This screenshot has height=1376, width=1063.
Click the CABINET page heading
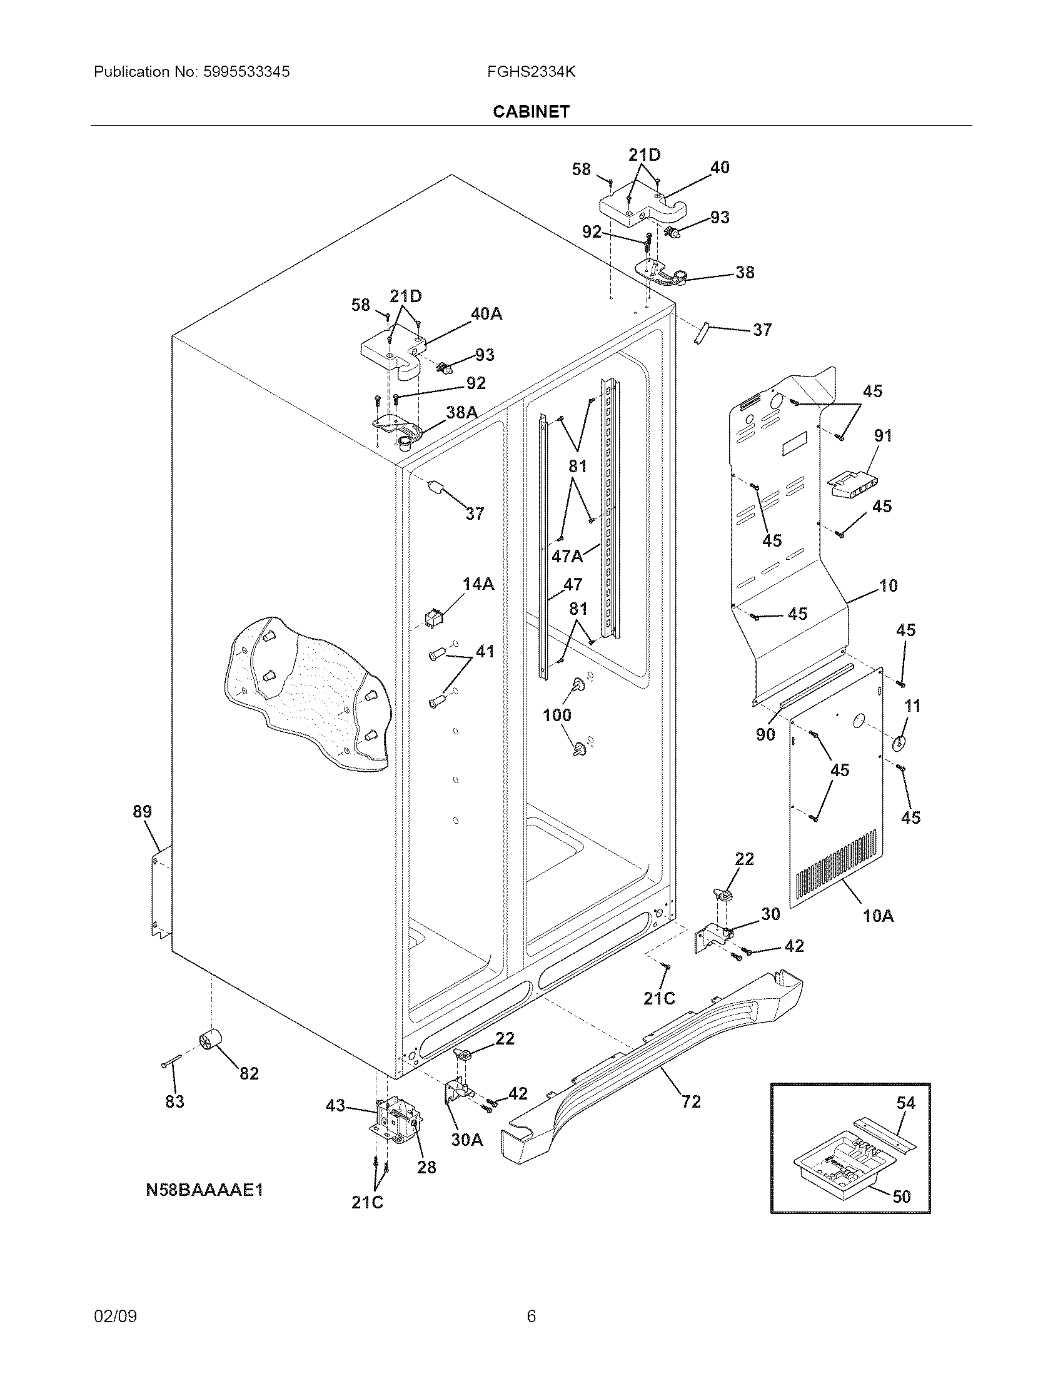531,111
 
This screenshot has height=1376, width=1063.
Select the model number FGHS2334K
531,72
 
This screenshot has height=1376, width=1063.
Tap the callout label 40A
486,313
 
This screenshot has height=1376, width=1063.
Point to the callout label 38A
461,412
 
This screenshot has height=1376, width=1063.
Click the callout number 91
882,435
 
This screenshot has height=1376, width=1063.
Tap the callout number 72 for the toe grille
691,1101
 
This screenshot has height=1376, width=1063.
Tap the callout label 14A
478,585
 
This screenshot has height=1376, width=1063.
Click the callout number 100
557,715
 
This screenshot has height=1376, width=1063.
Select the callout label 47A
567,555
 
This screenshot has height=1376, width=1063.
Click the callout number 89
143,811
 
